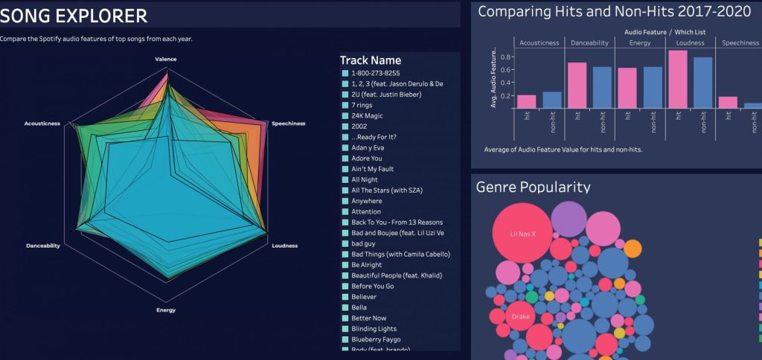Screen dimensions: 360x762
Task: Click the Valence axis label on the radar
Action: pos(166,59)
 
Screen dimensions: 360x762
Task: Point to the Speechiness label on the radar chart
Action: pos(288,123)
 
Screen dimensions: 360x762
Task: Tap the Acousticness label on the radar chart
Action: pos(42,123)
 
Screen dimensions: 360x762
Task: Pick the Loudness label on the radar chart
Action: pos(285,245)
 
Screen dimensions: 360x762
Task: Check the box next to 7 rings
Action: pos(345,105)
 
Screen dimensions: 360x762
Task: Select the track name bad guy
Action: pos(364,243)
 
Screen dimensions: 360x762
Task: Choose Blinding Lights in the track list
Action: pos(374,328)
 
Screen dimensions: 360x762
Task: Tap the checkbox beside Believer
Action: pos(345,296)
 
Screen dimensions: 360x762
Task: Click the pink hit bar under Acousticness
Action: pos(526,101)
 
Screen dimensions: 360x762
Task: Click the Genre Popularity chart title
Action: pos(533,187)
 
